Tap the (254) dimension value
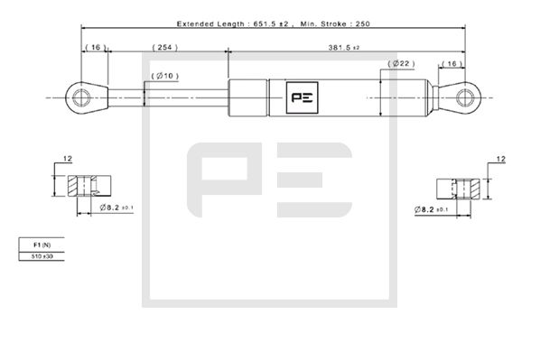tap(163, 46)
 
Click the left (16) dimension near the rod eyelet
tap(93, 46)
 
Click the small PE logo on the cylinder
tap(299, 97)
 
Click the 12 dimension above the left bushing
tap(67, 161)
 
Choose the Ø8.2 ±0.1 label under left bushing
tap(116, 208)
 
